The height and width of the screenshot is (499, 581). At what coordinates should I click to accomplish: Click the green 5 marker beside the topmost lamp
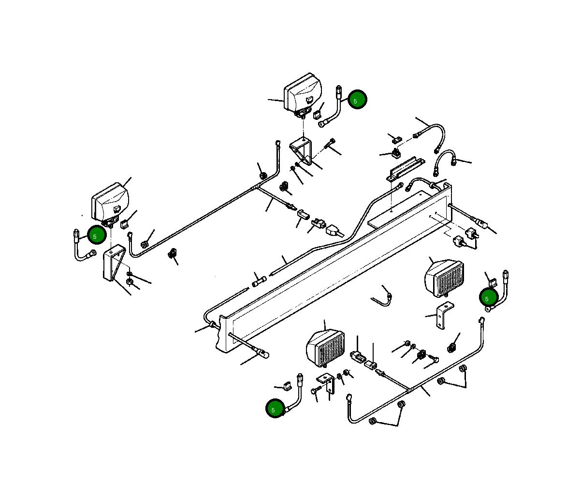357,99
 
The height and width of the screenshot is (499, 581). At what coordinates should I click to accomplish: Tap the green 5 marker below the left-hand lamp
97,235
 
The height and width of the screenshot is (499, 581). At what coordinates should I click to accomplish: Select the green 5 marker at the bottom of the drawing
275,408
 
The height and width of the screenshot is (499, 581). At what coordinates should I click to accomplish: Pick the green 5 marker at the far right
489,297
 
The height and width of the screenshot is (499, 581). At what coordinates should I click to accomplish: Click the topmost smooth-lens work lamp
303,93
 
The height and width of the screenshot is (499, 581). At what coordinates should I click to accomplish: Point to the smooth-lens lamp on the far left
110,202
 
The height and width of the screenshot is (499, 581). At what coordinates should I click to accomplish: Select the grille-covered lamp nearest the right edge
444,278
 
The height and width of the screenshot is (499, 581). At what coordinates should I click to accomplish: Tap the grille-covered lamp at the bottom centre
325,348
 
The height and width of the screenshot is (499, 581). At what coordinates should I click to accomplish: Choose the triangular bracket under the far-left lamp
114,263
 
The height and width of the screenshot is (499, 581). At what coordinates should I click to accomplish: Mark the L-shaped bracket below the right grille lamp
444,315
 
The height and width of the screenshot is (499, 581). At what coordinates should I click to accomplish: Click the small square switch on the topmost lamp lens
309,99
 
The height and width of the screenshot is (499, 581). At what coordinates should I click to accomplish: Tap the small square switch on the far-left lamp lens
117,209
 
